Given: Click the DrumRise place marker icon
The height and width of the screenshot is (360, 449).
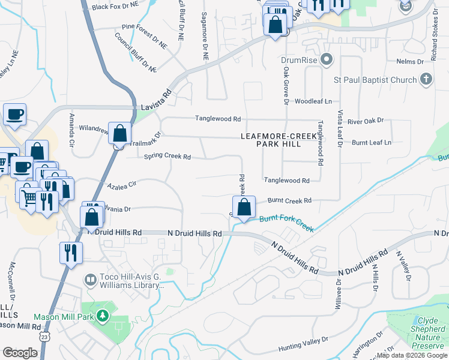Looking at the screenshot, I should (x=327, y=59).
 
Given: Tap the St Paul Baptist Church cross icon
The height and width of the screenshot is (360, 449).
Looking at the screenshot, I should (x=426, y=79).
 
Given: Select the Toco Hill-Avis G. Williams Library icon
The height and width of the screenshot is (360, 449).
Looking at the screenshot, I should (x=90, y=280).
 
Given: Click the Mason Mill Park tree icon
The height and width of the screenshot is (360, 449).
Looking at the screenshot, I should (x=103, y=315).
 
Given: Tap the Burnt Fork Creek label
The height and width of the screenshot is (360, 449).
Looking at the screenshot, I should (x=287, y=224).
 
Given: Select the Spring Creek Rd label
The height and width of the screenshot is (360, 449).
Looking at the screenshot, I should (x=167, y=157).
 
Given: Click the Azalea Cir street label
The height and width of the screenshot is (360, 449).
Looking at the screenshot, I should (x=122, y=186).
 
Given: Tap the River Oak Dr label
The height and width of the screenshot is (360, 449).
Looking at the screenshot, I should (x=365, y=121).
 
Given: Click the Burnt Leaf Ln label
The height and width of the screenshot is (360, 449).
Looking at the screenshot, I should (x=371, y=142).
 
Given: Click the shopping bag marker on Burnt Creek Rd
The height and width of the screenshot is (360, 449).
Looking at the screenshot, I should (x=244, y=208).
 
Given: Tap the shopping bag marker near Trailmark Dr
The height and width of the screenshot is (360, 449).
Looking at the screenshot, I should (x=120, y=133).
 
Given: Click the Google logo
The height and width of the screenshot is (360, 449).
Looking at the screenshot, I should (x=20, y=352).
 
